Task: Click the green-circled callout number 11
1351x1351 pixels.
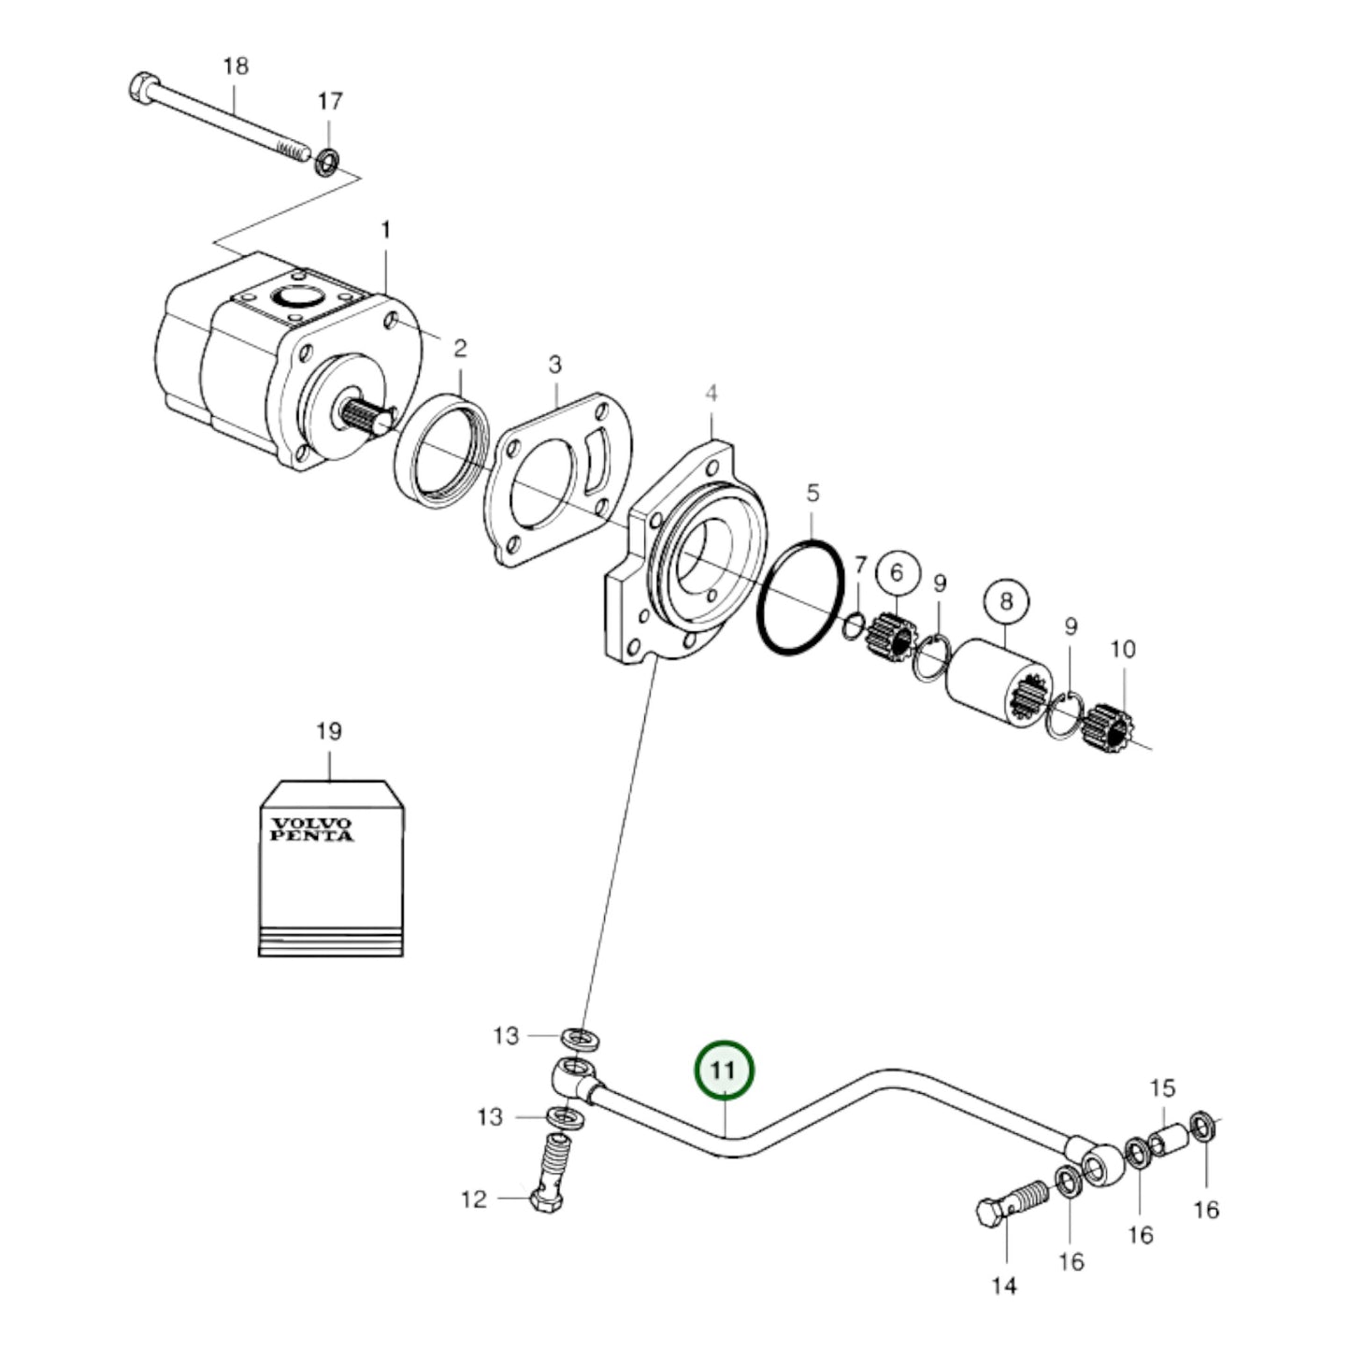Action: (x=723, y=1070)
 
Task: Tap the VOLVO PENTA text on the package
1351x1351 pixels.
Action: (x=311, y=829)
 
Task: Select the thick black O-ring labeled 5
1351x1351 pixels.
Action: (x=801, y=596)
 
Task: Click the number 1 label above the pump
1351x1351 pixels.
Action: (x=385, y=230)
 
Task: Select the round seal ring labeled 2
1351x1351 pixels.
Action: (x=440, y=453)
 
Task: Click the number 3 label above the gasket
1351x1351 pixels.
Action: (x=555, y=365)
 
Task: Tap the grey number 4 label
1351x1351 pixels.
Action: (x=711, y=394)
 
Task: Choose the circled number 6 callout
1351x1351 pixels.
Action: (x=897, y=571)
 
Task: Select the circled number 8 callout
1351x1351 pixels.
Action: (x=1005, y=600)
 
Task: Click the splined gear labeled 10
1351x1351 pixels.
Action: (x=1109, y=726)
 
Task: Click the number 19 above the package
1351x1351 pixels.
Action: (x=328, y=731)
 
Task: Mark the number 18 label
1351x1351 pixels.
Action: (x=236, y=66)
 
